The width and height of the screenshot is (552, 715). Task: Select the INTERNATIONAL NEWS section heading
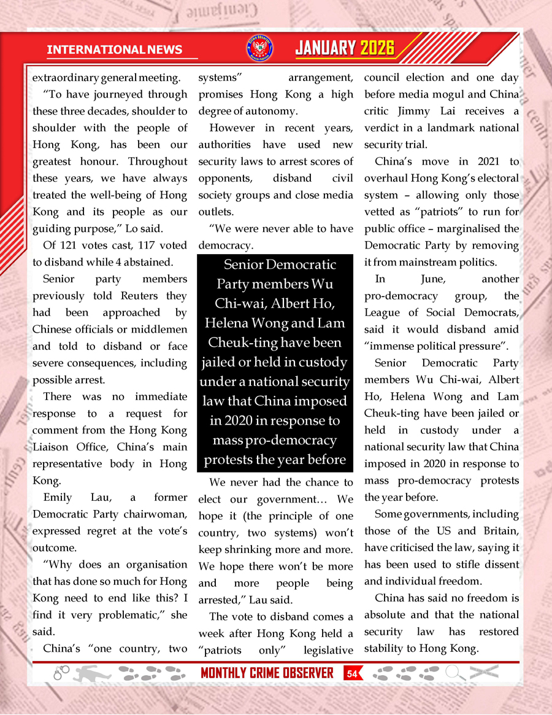[x=114, y=50]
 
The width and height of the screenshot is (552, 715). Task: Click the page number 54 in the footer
[x=352, y=673]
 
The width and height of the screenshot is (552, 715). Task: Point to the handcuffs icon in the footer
[x=62, y=673]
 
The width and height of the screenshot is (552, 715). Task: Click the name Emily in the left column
[x=58, y=497]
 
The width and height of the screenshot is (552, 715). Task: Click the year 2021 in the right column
[x=477, y=161]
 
